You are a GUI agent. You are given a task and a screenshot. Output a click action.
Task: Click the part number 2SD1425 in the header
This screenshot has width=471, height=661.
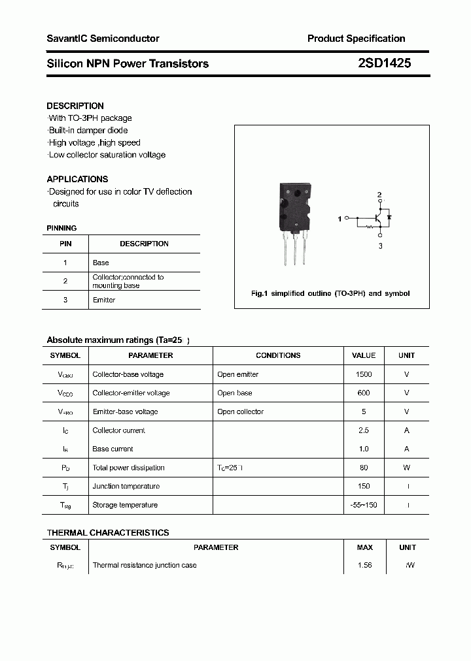[385, 63]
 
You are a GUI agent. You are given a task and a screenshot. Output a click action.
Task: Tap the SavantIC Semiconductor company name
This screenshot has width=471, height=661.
[103, 39]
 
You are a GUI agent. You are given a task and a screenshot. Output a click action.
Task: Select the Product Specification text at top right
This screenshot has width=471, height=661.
[356, 39]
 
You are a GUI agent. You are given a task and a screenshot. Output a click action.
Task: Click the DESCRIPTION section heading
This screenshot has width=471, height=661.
[75, 106]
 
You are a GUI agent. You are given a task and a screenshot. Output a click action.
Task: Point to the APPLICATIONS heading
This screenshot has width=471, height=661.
[77, 179]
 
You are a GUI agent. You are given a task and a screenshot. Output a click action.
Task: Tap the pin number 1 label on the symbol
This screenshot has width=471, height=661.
[340, 219]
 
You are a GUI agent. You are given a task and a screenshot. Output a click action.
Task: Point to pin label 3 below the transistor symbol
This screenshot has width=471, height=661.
[380, 246]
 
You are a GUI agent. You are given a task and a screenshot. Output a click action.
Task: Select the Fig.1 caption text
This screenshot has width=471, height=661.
[330, 293]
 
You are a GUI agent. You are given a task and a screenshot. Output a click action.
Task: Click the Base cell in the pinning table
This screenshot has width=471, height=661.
[101, 263]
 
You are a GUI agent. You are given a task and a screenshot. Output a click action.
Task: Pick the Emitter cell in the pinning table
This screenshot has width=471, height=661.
[104, 300]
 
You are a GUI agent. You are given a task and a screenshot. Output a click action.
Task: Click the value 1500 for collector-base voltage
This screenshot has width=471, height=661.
[363, 374]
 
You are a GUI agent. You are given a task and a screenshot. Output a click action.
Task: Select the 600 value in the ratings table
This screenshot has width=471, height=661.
[363, 393]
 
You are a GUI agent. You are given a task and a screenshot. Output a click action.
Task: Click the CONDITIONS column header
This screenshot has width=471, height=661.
[278, 355]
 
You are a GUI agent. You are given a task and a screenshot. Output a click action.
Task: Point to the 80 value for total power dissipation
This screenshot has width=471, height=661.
[364, 468]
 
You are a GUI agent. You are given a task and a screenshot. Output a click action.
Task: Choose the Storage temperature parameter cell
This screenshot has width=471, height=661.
[125, 505]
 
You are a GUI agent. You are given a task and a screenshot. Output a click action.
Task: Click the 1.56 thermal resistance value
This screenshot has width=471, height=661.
[364, 565]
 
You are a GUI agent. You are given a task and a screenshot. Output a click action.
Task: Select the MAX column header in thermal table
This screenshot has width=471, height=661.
[364, 547]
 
